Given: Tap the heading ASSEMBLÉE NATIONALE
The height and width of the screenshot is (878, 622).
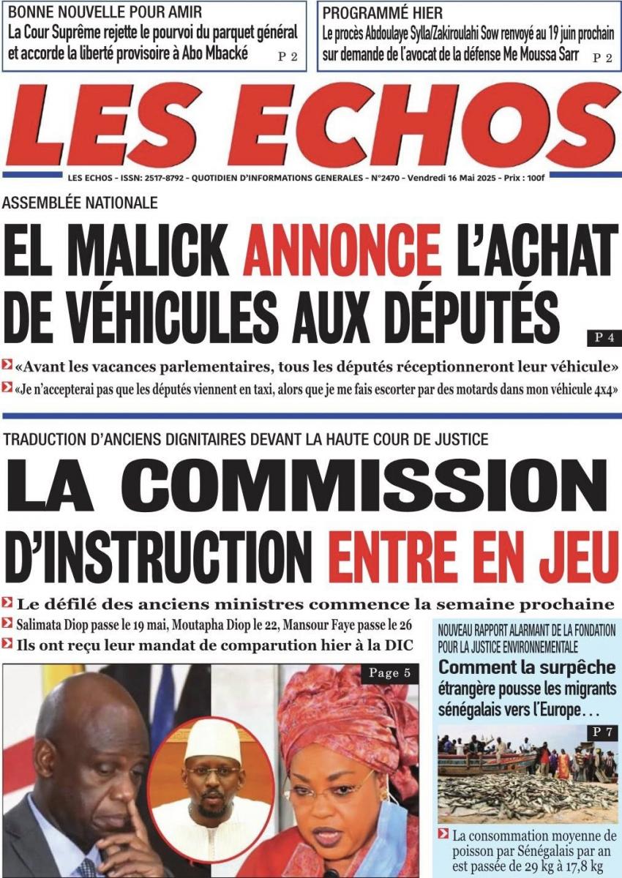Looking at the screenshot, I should point(80,203).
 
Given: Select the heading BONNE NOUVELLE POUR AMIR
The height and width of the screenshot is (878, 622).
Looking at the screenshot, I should point(105,12).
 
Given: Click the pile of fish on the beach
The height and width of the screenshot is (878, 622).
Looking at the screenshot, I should point(527,794).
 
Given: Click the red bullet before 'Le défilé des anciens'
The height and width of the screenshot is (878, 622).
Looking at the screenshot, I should point(7,604).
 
